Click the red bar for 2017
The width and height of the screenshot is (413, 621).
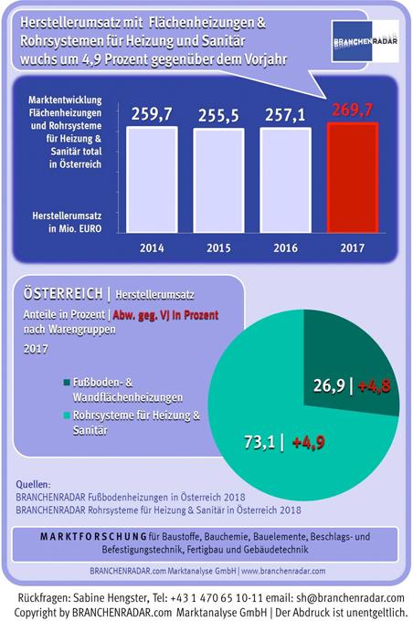tap(353, 177)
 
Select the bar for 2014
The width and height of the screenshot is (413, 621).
tap(152, 179)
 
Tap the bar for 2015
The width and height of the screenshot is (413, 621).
tap(218, 180)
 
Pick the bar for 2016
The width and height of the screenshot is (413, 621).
tap(285, 180)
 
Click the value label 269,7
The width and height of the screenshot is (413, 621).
tap(353, 110)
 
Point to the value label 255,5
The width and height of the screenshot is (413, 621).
tap(218, 115)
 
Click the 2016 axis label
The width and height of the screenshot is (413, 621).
tap(285, 247)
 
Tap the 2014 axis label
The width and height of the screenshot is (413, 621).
tap(152, 247)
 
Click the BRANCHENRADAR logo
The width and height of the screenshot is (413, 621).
tap(365, 41)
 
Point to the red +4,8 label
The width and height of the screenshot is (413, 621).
tap(374, 385)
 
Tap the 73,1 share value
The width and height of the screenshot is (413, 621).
tap(259, 442)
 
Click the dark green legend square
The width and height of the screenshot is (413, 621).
tap(67, 383)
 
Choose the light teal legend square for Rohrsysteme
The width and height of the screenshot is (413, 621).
tap(67, 416)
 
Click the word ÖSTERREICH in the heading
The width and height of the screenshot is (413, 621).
tap(63, 294)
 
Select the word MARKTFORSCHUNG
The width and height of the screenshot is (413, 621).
tap(93, 537)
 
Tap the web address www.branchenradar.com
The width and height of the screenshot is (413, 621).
tap(283, 571)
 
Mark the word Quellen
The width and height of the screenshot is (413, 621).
tap(33, 484)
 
